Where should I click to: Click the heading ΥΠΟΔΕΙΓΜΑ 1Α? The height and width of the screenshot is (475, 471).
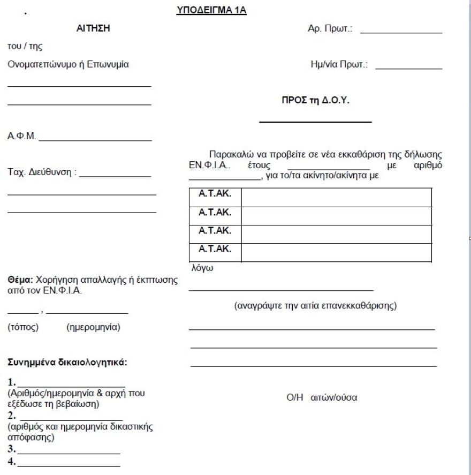coord(211,10)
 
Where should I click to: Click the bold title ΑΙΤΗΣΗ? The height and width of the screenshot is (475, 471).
coord(94,29)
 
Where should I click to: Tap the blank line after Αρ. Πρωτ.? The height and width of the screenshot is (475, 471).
coord(401,33)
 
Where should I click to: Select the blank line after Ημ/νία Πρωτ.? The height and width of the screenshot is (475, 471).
coord(409,69)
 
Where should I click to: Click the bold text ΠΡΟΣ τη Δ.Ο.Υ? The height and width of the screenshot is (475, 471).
coord(316,100)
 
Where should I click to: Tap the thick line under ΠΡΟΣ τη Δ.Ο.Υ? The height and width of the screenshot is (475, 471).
coord(315,123)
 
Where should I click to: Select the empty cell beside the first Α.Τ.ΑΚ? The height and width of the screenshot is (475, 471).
coord(336,197)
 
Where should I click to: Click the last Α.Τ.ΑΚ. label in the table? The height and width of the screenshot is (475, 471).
coord(215,249)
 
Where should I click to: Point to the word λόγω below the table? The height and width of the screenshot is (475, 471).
coord(202,268)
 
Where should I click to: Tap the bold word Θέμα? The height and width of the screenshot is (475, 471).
coord(20,280)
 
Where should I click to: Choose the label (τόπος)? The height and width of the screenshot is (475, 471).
coord(23,327)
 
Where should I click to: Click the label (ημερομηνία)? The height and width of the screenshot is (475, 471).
coord(93,327)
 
